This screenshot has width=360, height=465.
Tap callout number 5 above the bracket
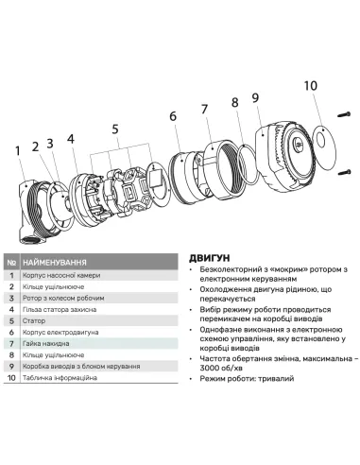[114, 129]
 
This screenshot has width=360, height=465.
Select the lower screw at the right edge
[343, 173]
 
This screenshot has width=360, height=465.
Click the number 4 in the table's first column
[10, 309]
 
